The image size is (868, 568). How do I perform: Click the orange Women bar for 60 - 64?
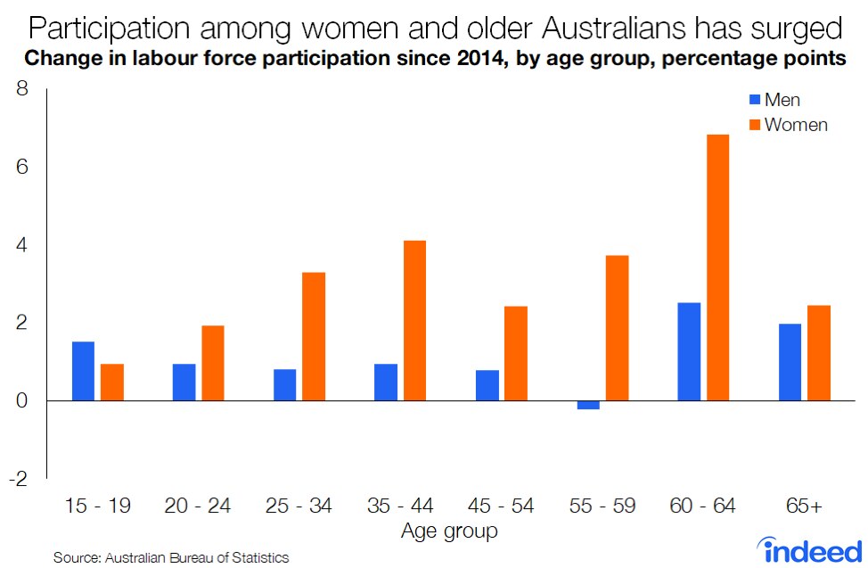coord(717,268)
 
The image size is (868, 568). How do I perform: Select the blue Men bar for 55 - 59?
coord(588,405)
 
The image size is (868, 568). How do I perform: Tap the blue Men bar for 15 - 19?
coord(83,371)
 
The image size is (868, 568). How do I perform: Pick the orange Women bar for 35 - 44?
coord(414,321)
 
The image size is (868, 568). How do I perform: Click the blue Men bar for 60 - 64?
coord(689,351)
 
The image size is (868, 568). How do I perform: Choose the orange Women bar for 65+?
coord(818,353)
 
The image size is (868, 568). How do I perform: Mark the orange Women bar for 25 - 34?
coord(314,336)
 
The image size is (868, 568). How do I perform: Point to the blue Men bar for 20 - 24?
coord(184,383)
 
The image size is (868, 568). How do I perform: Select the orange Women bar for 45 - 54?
coord(516,353)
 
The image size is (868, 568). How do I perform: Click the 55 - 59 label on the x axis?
coord(602,506)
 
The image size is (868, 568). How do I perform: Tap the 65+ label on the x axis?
coord(804,506)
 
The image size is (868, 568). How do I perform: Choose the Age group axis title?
coord(449,531)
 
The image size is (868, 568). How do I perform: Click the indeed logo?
coord(809,548)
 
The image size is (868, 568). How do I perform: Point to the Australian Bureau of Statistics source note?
coord(171,557)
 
